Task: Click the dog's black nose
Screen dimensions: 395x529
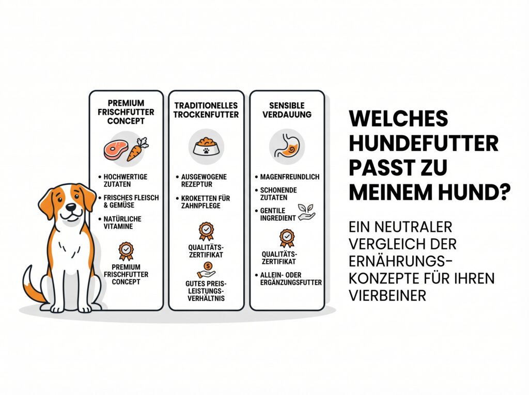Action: click(x=71, y=207)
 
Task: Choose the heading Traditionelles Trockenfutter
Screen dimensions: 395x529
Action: click(x=206, y=109)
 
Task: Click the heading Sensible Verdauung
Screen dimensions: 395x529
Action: click(x=287, y=109)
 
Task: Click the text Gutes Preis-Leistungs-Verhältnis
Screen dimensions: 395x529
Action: click(x=206, y=291)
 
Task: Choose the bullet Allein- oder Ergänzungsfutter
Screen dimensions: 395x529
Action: click(x=288, y=279)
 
